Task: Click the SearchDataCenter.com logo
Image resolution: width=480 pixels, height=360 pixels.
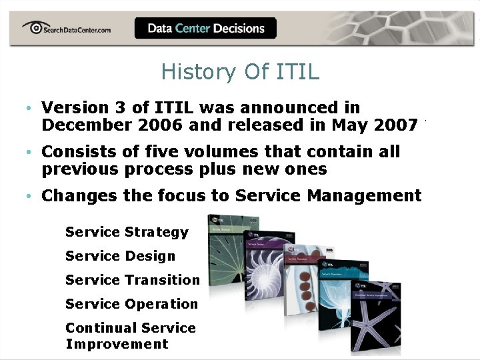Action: click(x=67, y=28)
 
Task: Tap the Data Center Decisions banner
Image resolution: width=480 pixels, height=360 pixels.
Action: click(x=205, y=28)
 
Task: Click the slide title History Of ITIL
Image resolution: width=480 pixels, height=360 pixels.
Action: click(x=240, y=72)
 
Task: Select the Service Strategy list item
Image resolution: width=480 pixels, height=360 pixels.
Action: click(x=127, y=232)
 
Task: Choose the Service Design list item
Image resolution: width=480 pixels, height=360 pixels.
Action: click(x=120, y=256)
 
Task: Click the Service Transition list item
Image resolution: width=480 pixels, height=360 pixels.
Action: click(x=132, y=280)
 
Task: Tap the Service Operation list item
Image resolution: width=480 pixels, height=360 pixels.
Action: click(x=131, y=304)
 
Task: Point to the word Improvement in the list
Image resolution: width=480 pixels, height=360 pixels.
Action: click(x=117, y=344)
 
